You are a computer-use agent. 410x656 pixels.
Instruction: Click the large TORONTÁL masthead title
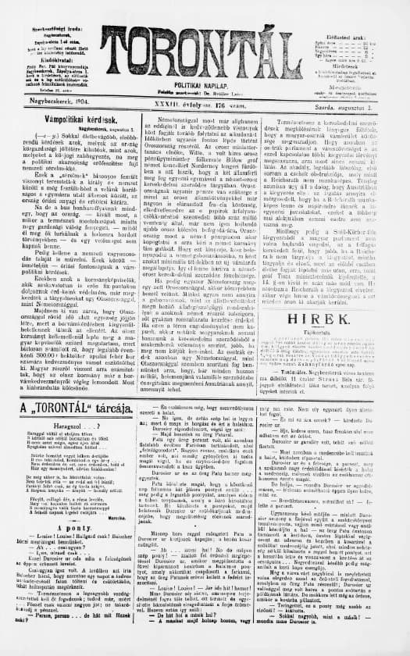tap(205, 48)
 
